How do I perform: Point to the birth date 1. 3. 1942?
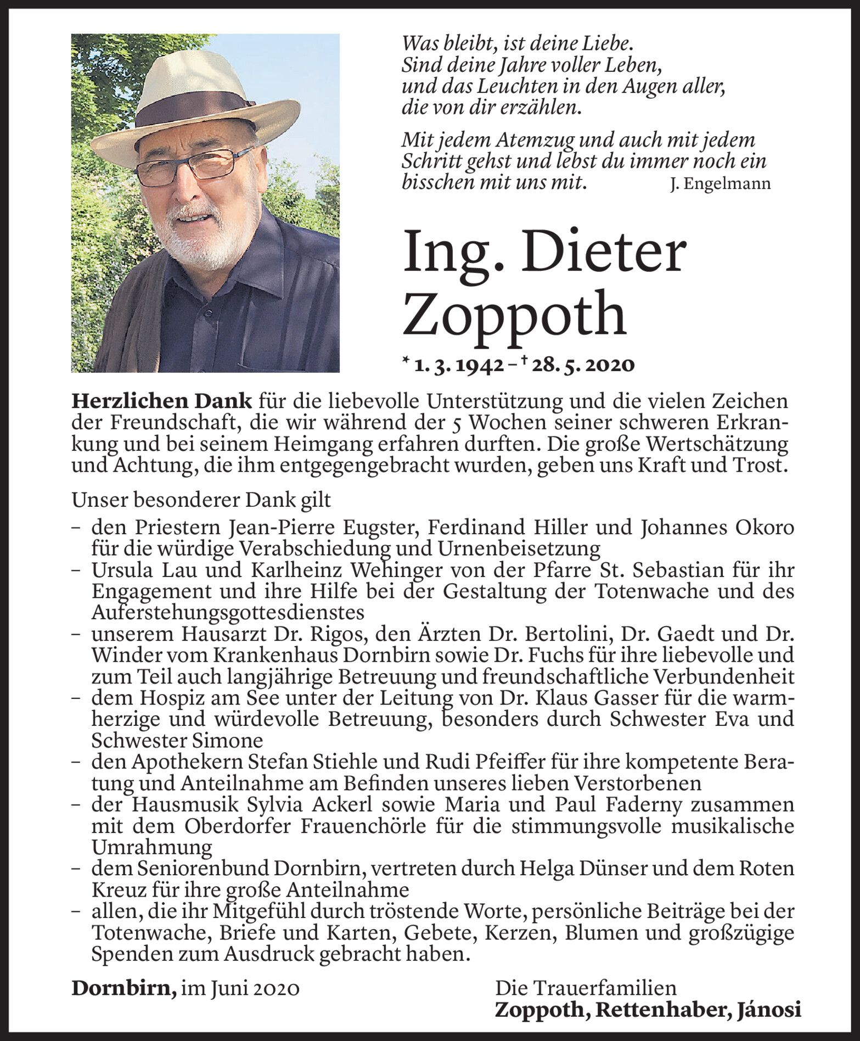[459, 365]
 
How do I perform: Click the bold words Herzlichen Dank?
[162, 402]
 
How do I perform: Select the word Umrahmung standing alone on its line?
[152, 848]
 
